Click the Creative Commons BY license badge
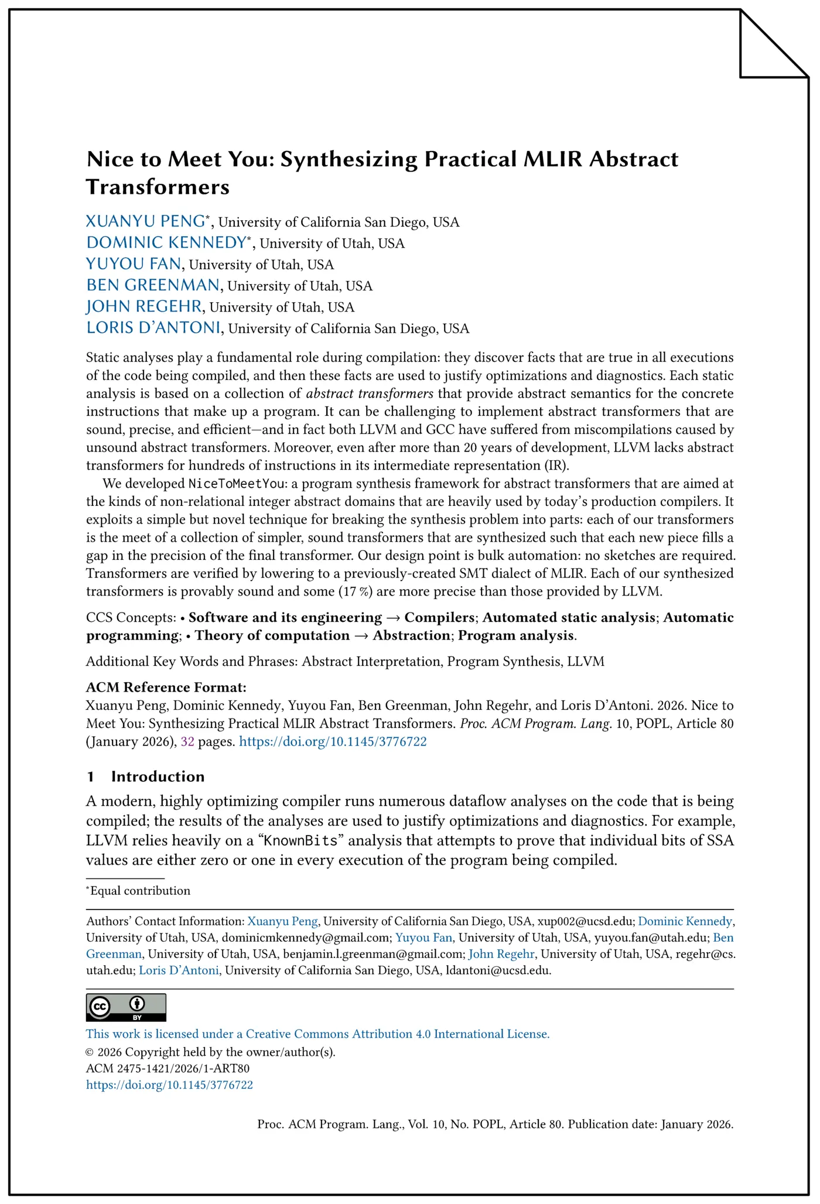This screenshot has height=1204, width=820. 126,1007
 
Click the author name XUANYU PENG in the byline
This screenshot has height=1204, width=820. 145,221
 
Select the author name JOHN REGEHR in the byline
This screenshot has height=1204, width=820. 144,306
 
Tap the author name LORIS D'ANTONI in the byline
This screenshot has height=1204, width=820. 153,327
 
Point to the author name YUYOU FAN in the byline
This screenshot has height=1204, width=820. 134,264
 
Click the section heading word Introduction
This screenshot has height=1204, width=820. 158,777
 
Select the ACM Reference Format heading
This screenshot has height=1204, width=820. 166,687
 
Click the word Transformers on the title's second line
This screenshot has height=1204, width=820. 158,187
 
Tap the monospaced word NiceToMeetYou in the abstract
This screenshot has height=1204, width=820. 236,484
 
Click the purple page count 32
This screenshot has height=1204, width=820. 187,741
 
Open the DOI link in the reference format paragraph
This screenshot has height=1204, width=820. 333,741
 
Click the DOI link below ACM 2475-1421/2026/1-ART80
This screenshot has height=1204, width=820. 169,1085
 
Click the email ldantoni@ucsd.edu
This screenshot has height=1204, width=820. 498,970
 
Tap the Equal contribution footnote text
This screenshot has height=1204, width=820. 140,891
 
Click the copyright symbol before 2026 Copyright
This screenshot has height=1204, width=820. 90,1052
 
